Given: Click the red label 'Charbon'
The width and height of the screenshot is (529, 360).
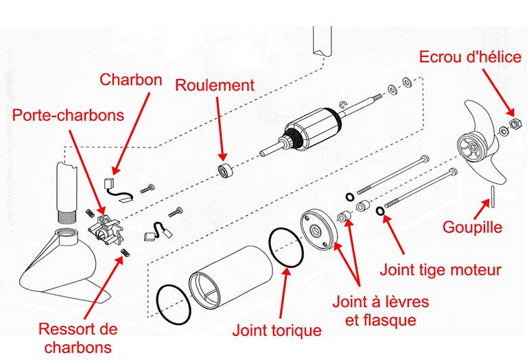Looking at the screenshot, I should point(131,79).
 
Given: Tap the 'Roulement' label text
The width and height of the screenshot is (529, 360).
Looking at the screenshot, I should point(215,85).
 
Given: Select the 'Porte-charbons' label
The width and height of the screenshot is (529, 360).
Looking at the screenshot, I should point(68,114).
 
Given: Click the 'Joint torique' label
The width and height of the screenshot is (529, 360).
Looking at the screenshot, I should point(277,330).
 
